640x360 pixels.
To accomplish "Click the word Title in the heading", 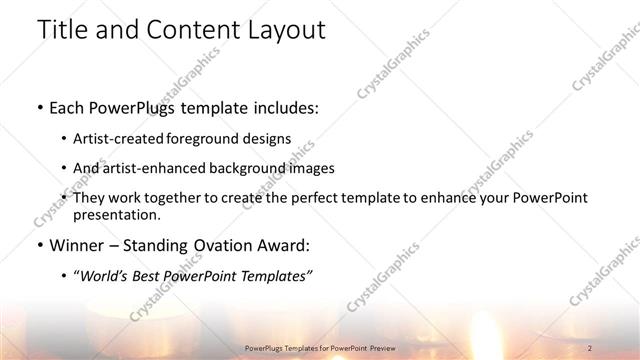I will [62, 30].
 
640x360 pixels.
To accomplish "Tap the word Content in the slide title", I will [192, 30].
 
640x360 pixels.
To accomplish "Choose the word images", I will [312, 168].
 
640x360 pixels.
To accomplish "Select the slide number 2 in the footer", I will [590, 347].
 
